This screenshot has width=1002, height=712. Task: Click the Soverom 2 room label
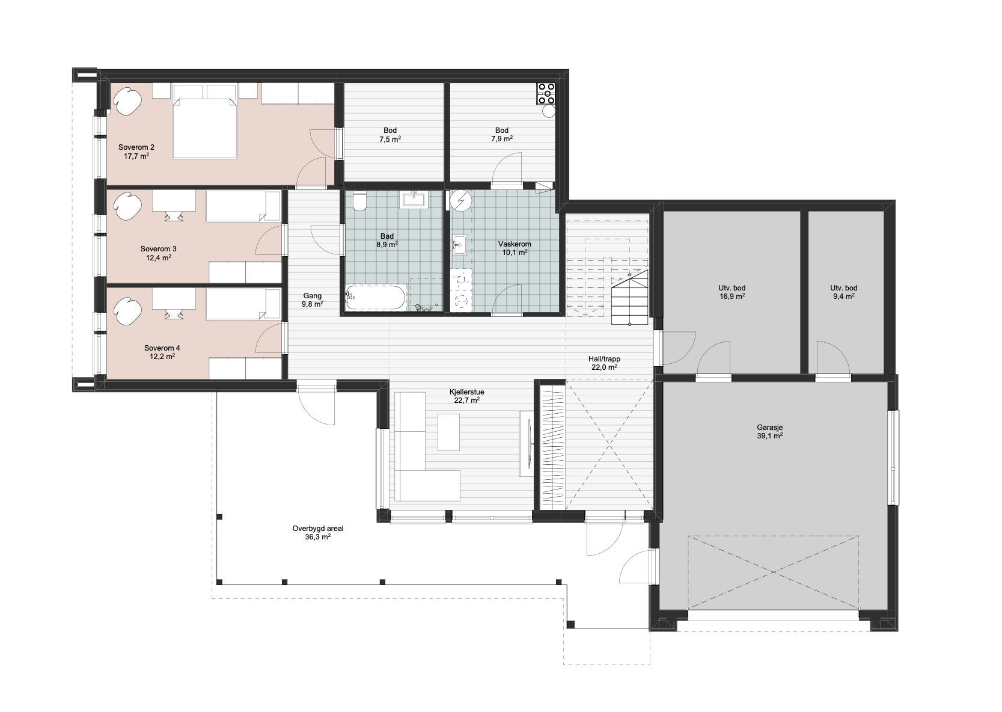136,147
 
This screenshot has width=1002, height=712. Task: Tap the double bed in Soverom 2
205,121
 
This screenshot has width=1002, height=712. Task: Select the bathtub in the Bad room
376,296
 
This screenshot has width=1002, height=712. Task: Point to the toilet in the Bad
359,201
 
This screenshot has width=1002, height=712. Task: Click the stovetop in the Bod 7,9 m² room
546,94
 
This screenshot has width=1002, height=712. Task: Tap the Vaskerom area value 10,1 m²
515,253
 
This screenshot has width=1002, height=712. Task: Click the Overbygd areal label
318,529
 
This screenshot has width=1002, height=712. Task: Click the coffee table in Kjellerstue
448,432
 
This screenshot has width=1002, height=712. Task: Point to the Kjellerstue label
467,392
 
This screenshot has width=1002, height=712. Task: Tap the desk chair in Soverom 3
174,216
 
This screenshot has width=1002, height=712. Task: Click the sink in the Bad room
415,200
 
